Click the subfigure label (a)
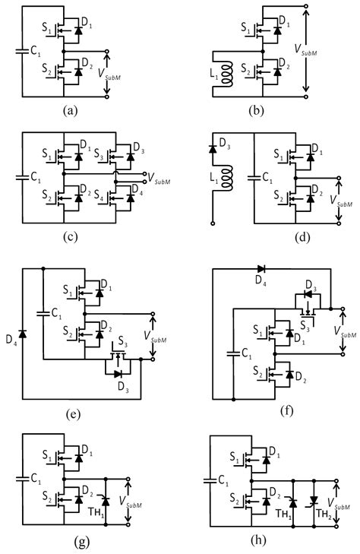click(71, 110)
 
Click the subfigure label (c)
click(69, 236)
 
